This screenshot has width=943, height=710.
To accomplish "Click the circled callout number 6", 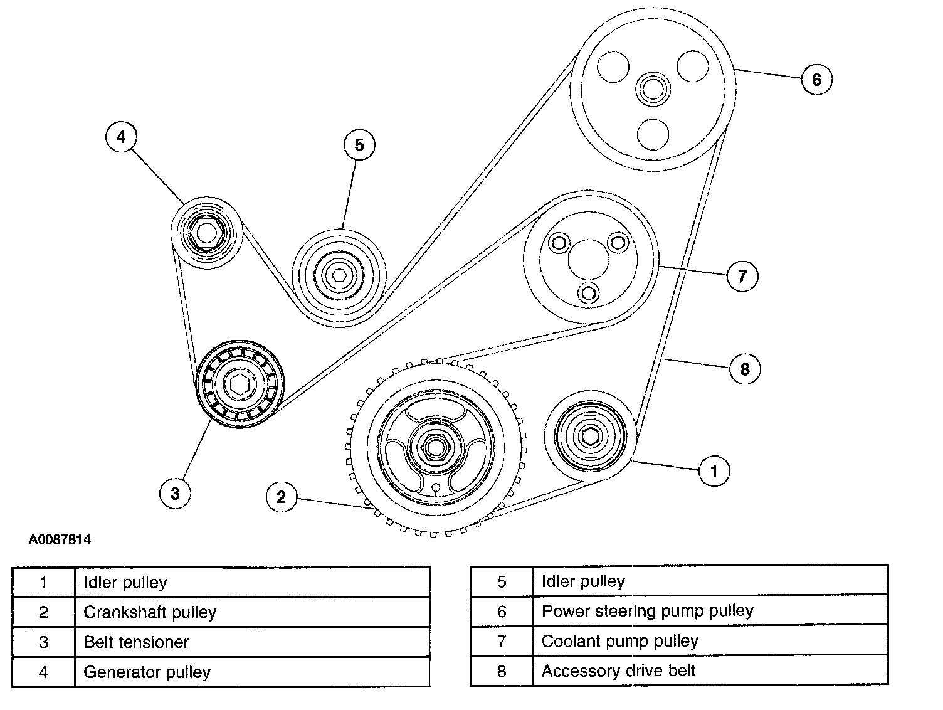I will [816, 80].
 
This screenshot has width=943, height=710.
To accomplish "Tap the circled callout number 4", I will [122, 137].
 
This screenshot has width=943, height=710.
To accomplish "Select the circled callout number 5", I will [359, 145].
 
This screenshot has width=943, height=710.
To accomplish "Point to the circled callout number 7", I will [742, 276].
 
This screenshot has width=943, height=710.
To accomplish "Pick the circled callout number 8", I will [745, 369].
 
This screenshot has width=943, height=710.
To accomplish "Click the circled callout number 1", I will [714, 470].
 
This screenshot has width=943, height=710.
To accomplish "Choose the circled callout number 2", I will [281, 497].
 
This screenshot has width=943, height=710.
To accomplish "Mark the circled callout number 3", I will [175, 493].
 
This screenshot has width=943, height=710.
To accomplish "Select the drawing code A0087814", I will [60, 539].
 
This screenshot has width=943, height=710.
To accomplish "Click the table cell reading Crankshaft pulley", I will [251, 612].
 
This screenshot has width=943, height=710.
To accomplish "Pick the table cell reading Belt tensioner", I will [251, 642].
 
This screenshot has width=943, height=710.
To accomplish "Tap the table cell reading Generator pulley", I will [251, 672].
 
